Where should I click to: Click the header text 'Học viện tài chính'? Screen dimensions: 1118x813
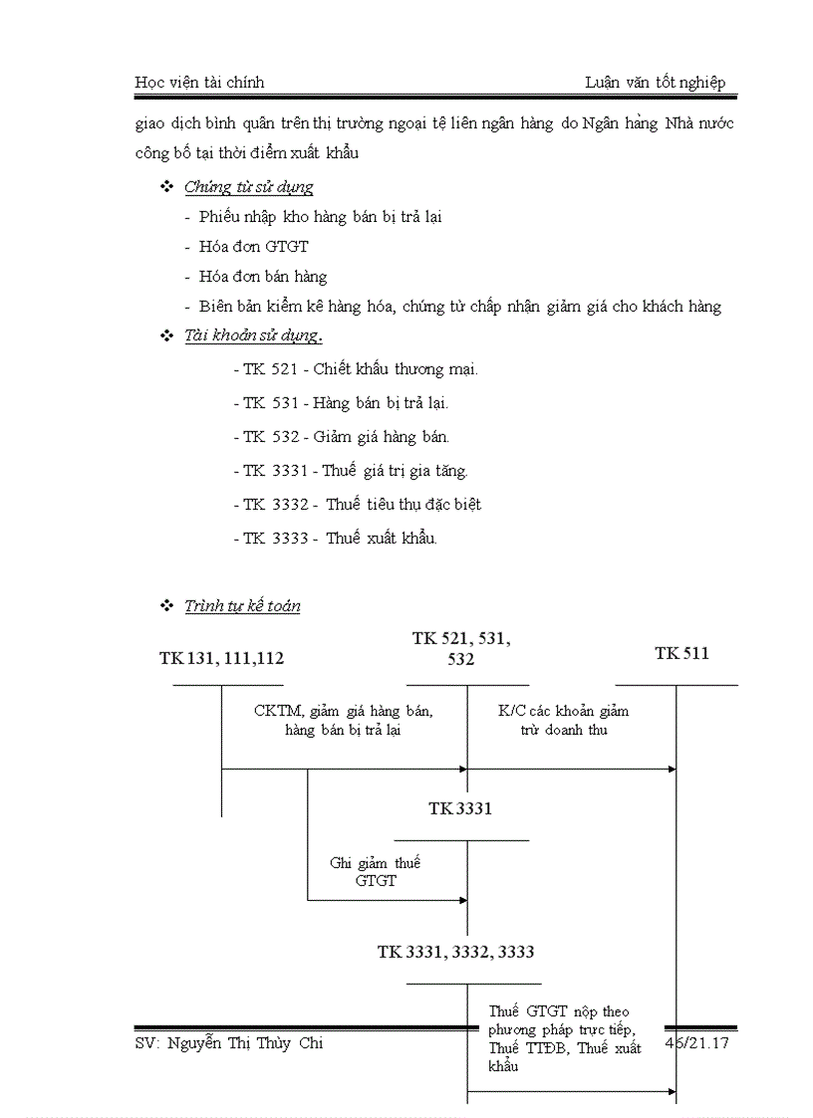199,83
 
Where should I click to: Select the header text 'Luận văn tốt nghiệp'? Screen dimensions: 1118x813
655,83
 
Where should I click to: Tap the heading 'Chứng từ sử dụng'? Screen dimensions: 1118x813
249,187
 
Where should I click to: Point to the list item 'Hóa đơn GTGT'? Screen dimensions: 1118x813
253,247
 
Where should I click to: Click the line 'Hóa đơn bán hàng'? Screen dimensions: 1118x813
263,277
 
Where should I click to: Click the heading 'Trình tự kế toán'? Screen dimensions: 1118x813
242,606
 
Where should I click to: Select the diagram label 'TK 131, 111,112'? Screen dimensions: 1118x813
228,658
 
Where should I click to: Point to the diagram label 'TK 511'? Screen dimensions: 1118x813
681,654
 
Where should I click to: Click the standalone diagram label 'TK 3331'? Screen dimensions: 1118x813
460,809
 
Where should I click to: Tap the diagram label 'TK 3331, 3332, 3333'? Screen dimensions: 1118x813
455,953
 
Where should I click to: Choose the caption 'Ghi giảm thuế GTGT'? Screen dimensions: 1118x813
375,871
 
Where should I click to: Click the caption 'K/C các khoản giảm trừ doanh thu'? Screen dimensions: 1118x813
563,720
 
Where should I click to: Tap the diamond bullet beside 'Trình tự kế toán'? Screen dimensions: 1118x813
166,606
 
